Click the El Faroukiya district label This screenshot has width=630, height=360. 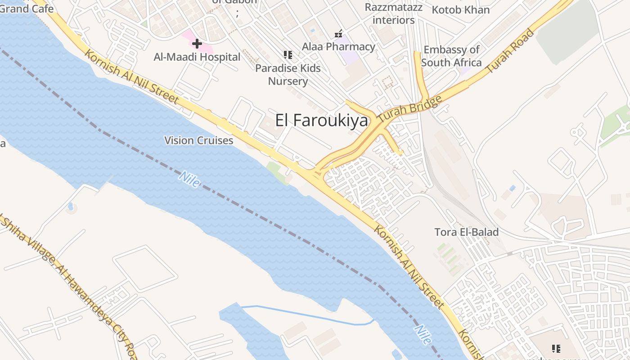[x=321, y=121]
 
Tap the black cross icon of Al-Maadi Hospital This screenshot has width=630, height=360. [x=197, y=44]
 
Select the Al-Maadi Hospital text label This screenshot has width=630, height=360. [x=197, y=57]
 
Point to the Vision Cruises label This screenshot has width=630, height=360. [x=198, y=140]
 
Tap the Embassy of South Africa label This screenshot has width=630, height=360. [x=451, y=56]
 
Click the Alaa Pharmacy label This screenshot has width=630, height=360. [x=338, y=46]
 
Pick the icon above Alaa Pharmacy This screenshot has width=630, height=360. [x=338, y=34]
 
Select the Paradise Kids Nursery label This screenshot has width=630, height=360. [x=288, y=75]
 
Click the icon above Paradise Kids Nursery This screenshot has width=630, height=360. [x=288, y=55]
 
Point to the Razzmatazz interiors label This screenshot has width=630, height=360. [x=393, y=13]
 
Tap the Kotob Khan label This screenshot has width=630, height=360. [x=460, y=9]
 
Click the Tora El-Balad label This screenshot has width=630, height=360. [x=466, y=232]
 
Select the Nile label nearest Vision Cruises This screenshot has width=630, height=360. [x=189, y=179]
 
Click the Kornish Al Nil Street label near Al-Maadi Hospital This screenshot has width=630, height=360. [x=131, y=77]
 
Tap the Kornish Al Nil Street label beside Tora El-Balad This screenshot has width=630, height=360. [x=409, y=267]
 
